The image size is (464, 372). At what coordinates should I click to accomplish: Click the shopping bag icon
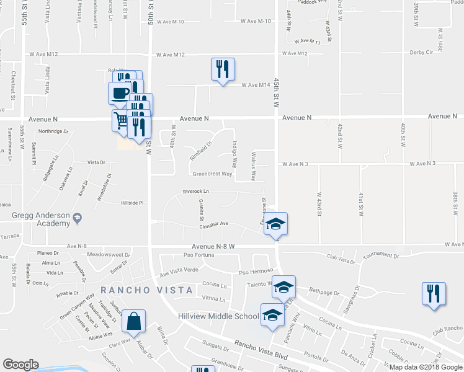[133, 322]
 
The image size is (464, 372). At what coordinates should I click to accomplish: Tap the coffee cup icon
[120, 94]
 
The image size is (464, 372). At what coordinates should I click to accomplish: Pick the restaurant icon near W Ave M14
[223, 69]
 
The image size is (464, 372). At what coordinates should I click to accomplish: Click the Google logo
[20, 365]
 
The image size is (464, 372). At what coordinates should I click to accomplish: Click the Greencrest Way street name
[212, 174]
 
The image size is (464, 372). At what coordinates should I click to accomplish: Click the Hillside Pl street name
[132, 203]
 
